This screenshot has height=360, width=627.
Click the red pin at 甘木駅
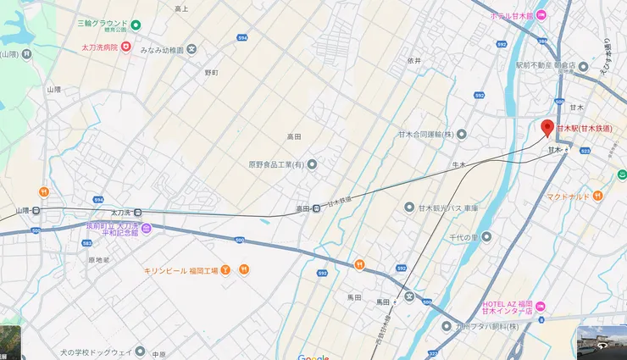pyautogui.click(x=547, y=128)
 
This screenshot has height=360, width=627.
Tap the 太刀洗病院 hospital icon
pyautogui.click(x=126, y=46)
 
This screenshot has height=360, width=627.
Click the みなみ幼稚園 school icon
pyautogui.click(x=191, y=50)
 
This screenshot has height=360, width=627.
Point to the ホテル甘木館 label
pyautogui.click(x=511, y=15)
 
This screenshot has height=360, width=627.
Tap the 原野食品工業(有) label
pyautogui.click(x=276, y=164)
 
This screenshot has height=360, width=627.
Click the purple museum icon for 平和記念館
pyautogui.click(x=146, y=229)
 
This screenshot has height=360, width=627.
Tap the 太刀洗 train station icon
pyautogui.click(x=138, y=213)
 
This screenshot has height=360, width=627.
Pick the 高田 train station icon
pyautogui.click(x=316, y=208)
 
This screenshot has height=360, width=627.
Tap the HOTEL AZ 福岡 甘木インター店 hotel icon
pyautogui.click(x=541, y=306)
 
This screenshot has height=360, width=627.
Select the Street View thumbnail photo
pyautogui.click(x=601, y=341)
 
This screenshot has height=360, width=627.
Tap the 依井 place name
pyautogui.click(x=413, y=61)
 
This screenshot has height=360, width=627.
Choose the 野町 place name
pyautogui.click(x=211, y=73)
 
